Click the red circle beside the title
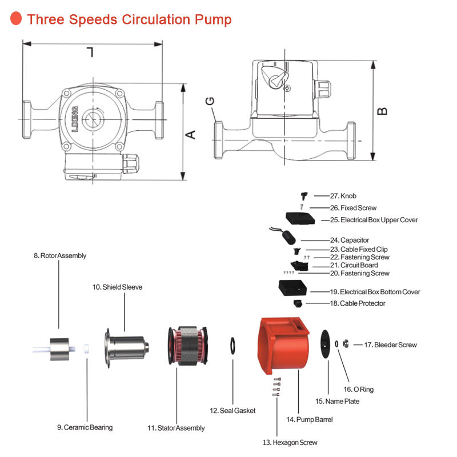click(16, 18)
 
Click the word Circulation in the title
click(157, 19)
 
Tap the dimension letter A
click(191, 135)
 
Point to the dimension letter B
click(382, 111)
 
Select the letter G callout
click(210, 101)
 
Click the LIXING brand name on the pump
click(75, 119)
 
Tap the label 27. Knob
click(343, 196)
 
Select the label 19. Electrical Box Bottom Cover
click(375, 292)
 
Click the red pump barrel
click(283, 346)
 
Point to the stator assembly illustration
click(188, 346)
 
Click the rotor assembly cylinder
click(59, 349)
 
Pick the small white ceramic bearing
click(87, 348)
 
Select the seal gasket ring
click(233, 346)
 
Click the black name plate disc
click(325, 344)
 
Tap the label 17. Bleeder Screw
click(391, 345)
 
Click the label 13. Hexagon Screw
click(290, 442)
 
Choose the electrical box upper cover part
click(300, 218)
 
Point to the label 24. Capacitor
click(350, 240)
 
